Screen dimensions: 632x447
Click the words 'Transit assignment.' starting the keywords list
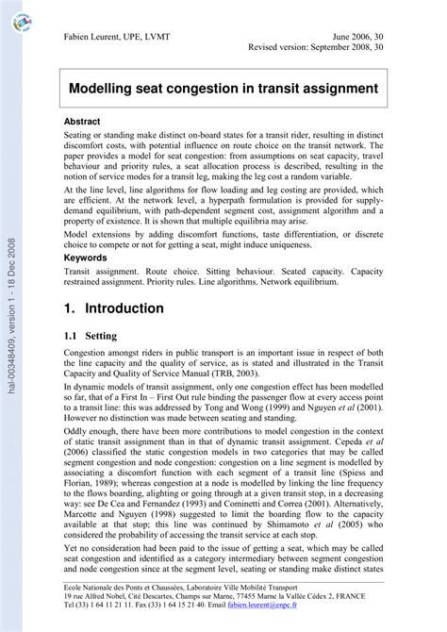tap(99, 270)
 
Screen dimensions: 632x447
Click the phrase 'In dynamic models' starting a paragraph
tap(96, 388)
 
